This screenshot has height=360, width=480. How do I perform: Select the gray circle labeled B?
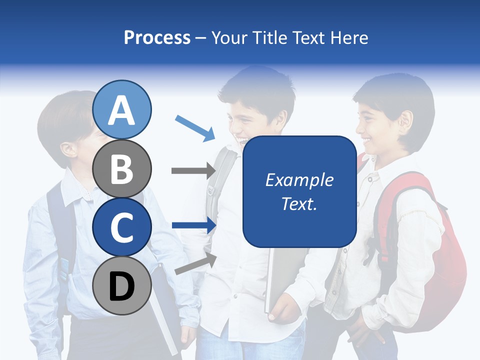click(x=122, y=168)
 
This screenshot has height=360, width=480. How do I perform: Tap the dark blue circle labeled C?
click(x=122, y=227)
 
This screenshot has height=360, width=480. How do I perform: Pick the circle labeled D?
click(x=122, y=285)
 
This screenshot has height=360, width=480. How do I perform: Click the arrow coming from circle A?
click(x=195, y=127)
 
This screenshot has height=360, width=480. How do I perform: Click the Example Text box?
click(x=299, y=191)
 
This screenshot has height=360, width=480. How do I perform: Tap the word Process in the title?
click(x=157, y=37)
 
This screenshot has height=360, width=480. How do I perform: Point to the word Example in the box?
click(x=299, y=180)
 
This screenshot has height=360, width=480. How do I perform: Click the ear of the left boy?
click(x=68, y=149)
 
